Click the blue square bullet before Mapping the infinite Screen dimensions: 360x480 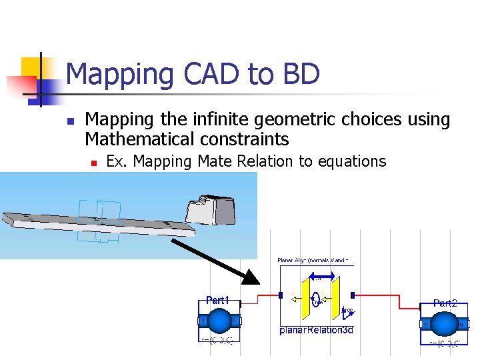[69, 122]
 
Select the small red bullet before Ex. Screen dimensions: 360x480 [95, 163]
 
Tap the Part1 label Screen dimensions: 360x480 [217, 301]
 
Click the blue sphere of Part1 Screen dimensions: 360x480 [218, 321]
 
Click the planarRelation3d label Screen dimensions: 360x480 [316, 330]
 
